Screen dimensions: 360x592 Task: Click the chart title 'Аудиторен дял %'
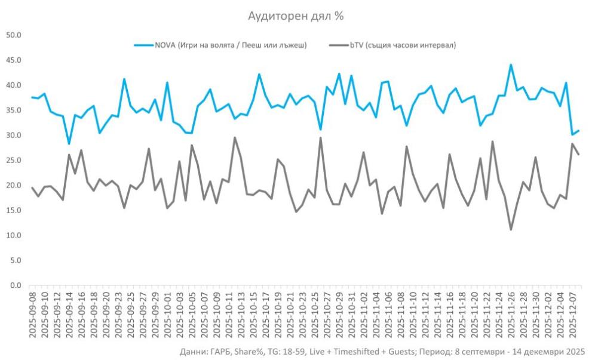click(296, 16)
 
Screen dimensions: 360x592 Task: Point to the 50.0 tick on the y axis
click(14, 35)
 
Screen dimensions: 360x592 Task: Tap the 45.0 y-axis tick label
click(14, 60)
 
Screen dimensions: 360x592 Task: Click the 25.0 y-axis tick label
click(14, 160)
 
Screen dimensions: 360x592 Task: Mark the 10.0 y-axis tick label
click(14, 235)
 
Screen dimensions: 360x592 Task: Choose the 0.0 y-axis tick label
click(16, 285)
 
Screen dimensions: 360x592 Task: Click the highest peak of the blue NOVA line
click(511, 64)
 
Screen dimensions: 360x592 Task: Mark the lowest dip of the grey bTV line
click(511, 229)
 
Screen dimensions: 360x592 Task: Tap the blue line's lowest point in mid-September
click(69, 144)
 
